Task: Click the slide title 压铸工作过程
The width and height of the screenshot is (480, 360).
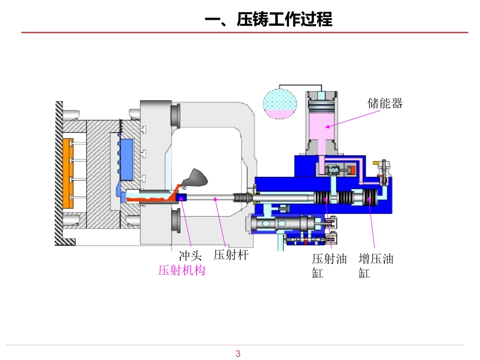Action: point(268,20)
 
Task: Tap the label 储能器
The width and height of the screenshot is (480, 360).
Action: point(385,104)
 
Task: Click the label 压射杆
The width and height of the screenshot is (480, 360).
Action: point(231,255)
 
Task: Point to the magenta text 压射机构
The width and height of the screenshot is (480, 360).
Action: point(182,271)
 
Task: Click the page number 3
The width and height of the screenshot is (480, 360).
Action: point(238,353)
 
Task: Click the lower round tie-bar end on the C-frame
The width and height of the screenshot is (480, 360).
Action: point(177,221)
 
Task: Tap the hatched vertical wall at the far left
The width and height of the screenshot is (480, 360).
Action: point(59,172)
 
